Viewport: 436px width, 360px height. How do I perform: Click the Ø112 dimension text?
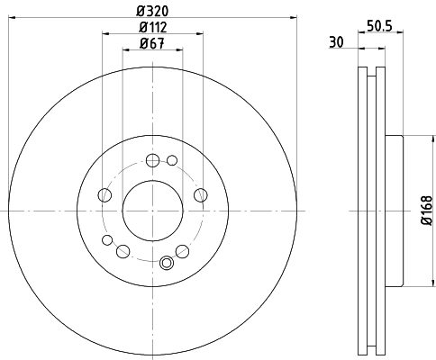[x=151, y=27]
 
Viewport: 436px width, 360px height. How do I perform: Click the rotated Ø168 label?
[x=427, y=211]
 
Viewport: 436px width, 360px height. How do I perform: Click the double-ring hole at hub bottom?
[x=166, y=264]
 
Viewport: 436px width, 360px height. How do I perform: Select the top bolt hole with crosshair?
[x=151, y=161]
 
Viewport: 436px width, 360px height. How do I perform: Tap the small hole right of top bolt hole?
[x=171, y=161]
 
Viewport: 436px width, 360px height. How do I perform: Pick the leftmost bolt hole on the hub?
[x=104, y=195]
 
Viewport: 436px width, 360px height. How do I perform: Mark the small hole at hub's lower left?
[x=107, y=240]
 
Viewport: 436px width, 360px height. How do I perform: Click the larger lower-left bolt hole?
[x=123, y=251]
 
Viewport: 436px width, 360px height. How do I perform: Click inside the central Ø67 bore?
[x=151, y=211]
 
